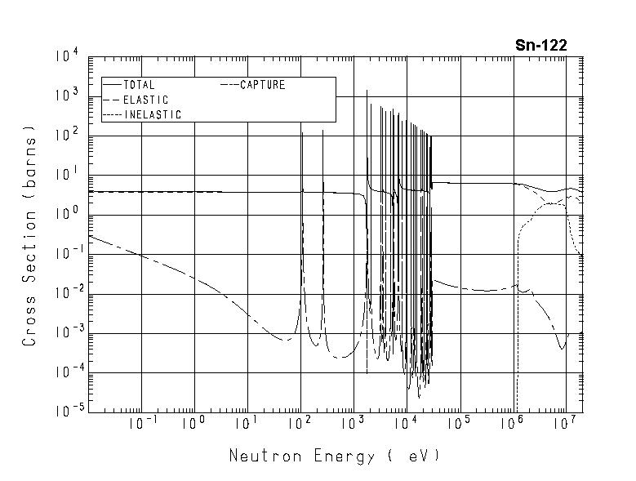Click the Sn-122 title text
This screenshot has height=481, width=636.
(x=540, y=46)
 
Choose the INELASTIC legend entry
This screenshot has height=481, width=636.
(x=153, y=115)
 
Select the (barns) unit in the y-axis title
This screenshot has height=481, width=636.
(x=30, y=158)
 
